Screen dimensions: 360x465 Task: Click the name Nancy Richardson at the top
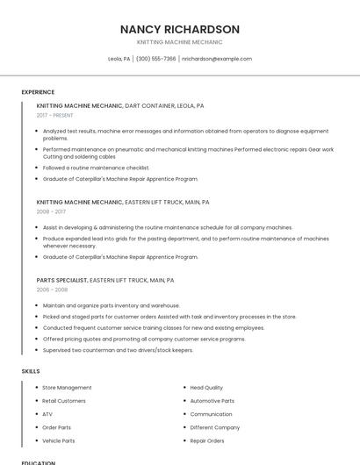click(x=179, y=29)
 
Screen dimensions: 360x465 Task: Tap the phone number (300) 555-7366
click(x=155, y=59)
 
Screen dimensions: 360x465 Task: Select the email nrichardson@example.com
click(x=217, y=59)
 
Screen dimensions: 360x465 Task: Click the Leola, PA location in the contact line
click(x=119, y=59)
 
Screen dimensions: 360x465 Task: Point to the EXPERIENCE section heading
click(x=38, y=92)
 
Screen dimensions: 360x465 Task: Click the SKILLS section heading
click(x=31, y=371)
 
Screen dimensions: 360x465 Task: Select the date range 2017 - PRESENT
click(x=54, y=115)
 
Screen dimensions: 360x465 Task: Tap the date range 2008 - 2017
click(x=51, y=211)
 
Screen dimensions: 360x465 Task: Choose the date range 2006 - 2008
click(x=52, y=290)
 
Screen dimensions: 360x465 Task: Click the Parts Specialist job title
click(x=61, y=280)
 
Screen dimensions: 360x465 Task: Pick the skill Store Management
click(x=67, y=388)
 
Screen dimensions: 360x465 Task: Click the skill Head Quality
click(x=206, y=388)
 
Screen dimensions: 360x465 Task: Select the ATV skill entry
click(x=47, y=414)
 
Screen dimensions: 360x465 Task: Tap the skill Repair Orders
click(x=207, y=440)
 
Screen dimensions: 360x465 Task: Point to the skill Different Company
click(x=214, y=427)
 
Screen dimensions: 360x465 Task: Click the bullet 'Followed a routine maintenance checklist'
click(x=96, y=168)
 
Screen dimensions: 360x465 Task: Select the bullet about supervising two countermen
click(x=118, y=350)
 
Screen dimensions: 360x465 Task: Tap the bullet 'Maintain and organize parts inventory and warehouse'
click(x=111, y=305)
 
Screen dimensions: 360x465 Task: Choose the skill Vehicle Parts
click(x=59, y=440)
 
